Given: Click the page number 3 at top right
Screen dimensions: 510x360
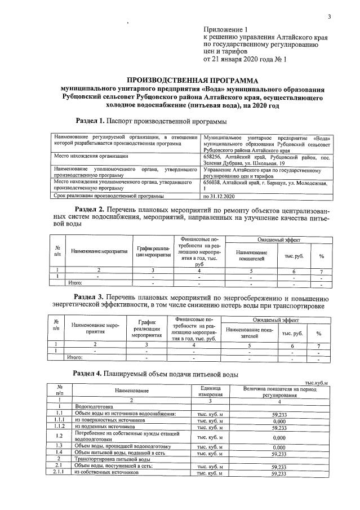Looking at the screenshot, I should (x=330, y=16).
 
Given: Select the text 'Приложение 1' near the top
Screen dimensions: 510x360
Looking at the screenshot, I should (x=225, y=29).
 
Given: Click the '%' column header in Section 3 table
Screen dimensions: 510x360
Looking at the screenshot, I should (x=319, y=333).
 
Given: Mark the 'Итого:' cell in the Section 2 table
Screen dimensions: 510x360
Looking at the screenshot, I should (x=75, y=282).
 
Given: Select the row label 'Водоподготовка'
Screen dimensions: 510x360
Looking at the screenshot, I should (x=94, y=406).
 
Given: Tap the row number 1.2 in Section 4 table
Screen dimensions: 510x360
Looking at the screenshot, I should (x=59, y=436).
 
